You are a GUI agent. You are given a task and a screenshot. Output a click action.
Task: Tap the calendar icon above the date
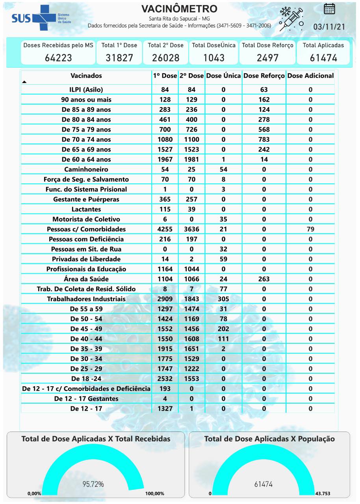pyautogui.click(x=329, y=9)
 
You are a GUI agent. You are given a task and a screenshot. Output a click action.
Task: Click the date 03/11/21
pyautogui.click(x=329, y=27)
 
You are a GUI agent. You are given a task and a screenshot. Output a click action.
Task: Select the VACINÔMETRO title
pyautogui.click(x=179, y=9)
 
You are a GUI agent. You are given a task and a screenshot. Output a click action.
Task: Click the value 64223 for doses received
pyautogui.click(x=58, y=58)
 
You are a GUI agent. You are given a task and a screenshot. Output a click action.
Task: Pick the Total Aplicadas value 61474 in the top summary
pyautogui.click(x=323, y=58)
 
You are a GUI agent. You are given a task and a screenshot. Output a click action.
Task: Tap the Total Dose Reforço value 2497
pyautogui.click(x=267, y=58)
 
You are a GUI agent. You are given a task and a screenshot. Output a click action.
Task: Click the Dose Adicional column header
pyautogui.click(x=310, y=76)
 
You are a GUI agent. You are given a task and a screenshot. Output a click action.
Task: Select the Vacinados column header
pyautogui.click(x=86, y=76)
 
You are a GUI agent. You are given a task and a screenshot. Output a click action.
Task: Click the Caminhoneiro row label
pyautogui.click(x=86, y=169)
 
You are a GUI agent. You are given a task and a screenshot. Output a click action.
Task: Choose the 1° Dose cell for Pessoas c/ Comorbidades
pyautogui.click(x=165, y=229)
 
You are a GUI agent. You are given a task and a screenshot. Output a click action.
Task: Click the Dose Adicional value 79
pyautogui.click(x=310, y=229)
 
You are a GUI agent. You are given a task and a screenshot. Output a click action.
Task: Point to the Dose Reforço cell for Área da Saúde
pyautogui.click(x=264, y=279)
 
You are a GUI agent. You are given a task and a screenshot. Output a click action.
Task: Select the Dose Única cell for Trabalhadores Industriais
pyautogui.click(x=223, y=299)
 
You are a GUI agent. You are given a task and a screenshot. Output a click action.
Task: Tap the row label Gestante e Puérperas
pyautogui.click(x=86, y=199)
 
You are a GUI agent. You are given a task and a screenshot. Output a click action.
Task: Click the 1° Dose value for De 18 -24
pyautogui.click(x=165, y=378)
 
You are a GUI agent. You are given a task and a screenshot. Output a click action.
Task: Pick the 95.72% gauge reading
pyautogui.click(x=93, y=484)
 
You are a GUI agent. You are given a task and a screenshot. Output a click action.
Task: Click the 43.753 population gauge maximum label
pyautogui.click(x=323, y=493)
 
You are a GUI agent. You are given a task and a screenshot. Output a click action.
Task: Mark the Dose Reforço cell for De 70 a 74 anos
pyautogui.click(x=264, y=139)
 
